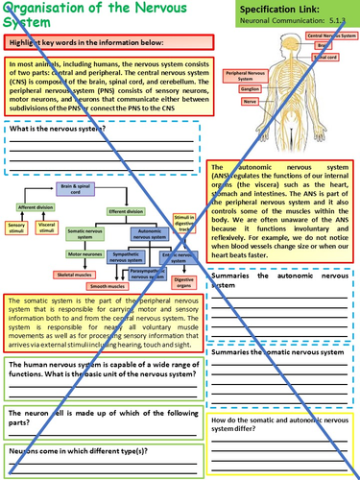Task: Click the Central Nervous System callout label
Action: pyautogui.click(x=327, y=35)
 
